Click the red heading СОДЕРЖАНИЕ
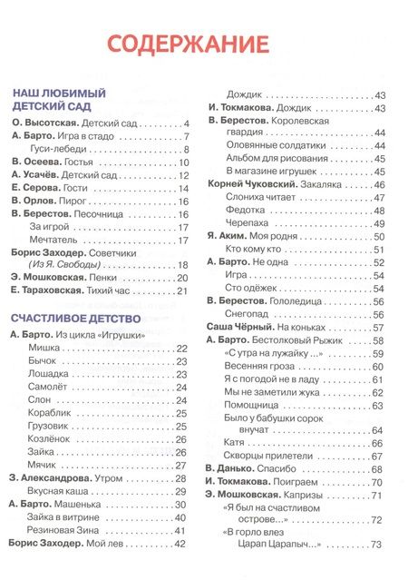pyautogui.click(x=188, y=44)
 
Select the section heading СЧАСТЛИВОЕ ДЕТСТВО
pyautogui.click(x=76, y=319)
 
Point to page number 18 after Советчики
pyautogui.click(x=182, y=264)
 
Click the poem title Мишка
pyautogui.click(x=44, y=348)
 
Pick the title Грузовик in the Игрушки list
pyautogui.click(x=52, y=426)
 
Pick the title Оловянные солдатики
pyautogui.click(x=273, y=133)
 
